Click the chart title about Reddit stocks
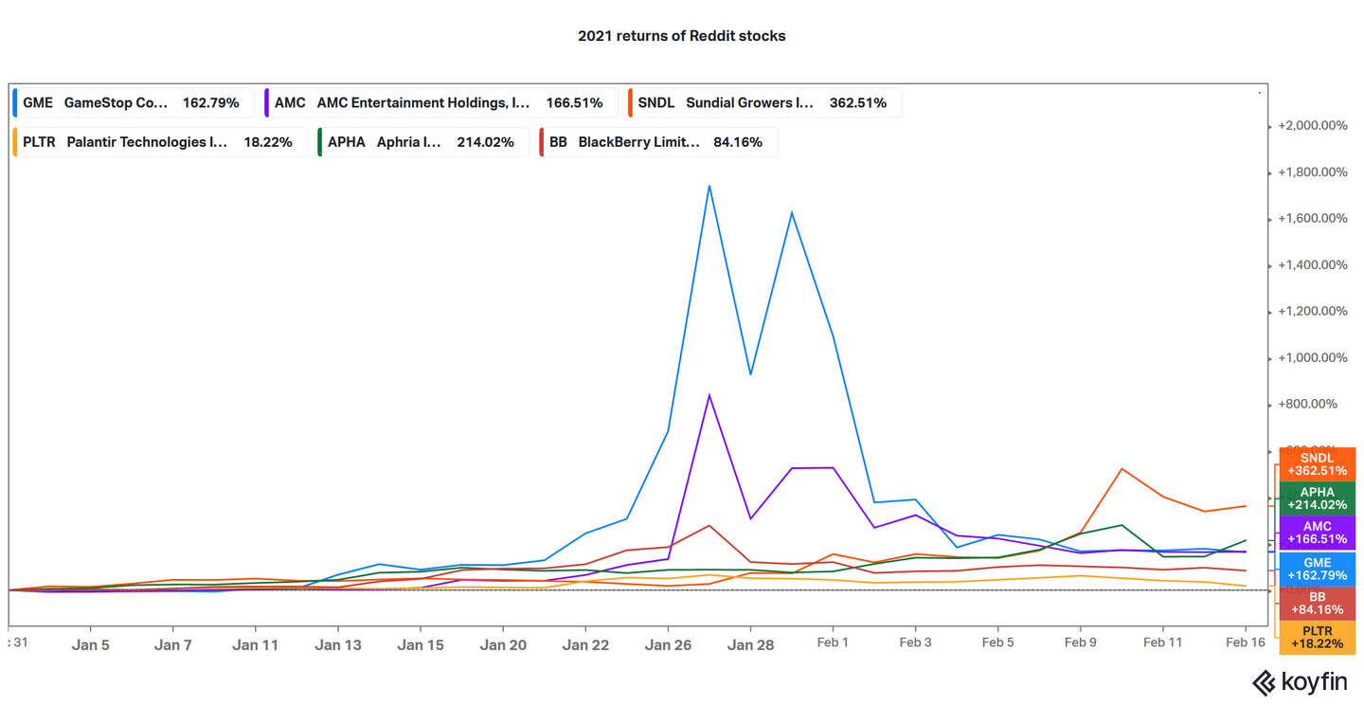click(x=681, y=36)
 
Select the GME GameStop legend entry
click(x=132, y=102)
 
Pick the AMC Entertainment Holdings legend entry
click(x=440, y=102)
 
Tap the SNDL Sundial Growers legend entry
click(x=763, y=102)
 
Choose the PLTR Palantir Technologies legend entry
click(x=158, y=142)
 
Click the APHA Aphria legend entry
click(x=422, y=142)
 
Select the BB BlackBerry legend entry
click(x=657, y=142)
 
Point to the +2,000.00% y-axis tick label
click(x=1312, y=126)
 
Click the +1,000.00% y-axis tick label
click(x=1312, y=358)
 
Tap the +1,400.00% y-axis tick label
click(x=1312, y=265)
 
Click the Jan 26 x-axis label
click(x=668, y=644)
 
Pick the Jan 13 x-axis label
click(x=338, y=644)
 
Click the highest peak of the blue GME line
click(x=709, y=186)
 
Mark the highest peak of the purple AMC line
click(x=709, y=395)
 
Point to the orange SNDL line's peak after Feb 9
click(x=1122, y=469)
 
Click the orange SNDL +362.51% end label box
click(x=1317, y=464)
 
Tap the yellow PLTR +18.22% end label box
click(x=1317, y=637)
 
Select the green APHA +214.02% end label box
click(x=1317, y=498)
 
